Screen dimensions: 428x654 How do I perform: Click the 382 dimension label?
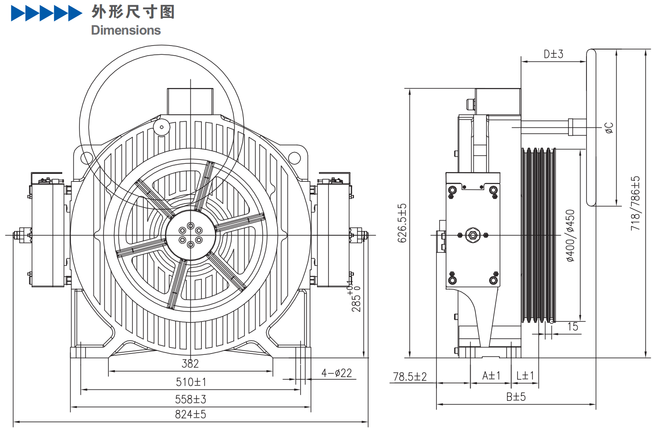point(190,364)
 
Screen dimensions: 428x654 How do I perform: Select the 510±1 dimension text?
point(191,382)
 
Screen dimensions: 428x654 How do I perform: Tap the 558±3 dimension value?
point(190,400)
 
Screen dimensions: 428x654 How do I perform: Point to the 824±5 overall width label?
point(190,414)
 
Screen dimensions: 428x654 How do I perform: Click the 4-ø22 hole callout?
point(336,373)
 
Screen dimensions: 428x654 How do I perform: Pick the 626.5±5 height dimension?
point(402,223)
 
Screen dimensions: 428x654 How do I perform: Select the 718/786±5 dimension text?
point(635,203)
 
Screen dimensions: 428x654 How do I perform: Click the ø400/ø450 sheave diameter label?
point(570,236)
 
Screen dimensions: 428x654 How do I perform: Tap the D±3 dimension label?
point(553,54)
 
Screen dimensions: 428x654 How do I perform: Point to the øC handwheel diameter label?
point(609,128)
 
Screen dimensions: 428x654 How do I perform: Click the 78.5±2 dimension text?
point(410,377)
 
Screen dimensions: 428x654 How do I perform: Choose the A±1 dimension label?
point(491,376)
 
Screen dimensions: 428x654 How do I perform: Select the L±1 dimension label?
point(525,376)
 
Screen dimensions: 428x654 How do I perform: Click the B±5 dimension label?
point(516,397)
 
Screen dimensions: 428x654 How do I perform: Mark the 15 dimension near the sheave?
point(572,327)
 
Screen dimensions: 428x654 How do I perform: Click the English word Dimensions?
point(126,30)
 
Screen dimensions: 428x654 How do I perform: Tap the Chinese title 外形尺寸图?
point(133,12)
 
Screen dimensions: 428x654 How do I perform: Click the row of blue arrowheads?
point(46,14)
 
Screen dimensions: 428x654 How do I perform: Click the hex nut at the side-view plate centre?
point(472,235)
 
